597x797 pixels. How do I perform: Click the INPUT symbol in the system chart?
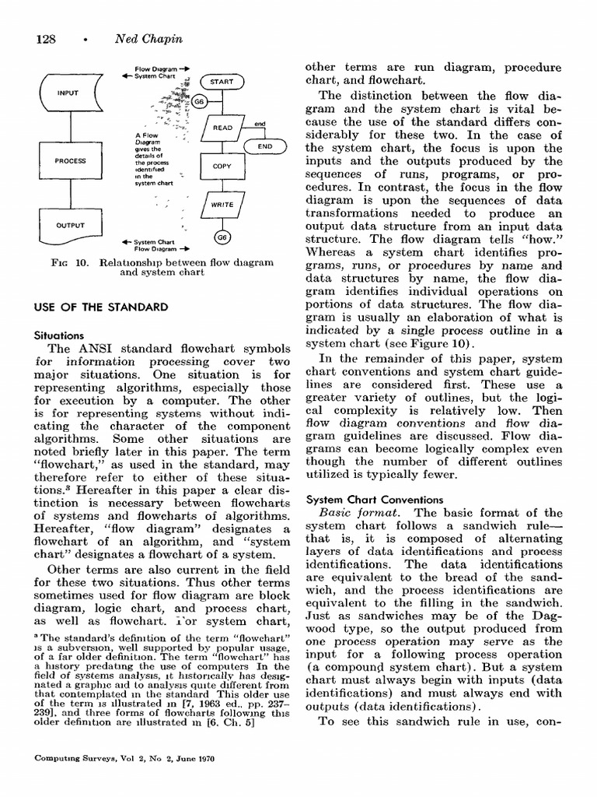(x=68, y=93)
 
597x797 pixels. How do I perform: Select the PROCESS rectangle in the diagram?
(x=69, y=162)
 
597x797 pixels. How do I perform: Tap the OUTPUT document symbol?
(x=69, y=226)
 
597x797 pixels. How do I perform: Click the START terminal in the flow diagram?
(x=222, y=82)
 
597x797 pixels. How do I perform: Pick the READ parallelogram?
(x=222, y=127)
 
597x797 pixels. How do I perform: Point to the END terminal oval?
(x=264, y=146)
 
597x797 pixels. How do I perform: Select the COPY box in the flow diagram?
(x=222, y=167)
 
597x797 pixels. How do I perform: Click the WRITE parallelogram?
(x=222, y=204)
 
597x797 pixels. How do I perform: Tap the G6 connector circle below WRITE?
(x=222, y=237)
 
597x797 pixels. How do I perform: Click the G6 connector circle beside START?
(x=199, y=102)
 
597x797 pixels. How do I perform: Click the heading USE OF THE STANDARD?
(x=101, y=307)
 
